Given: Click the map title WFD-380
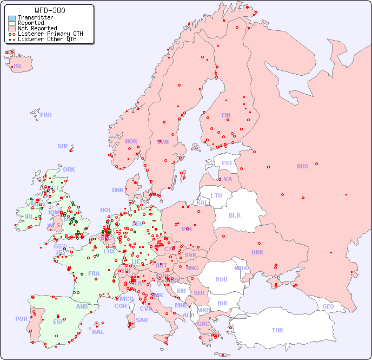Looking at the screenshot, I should pyautogui.click(x=50, y=10).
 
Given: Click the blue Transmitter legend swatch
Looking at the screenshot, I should pyautogui.click(x=12, y=18).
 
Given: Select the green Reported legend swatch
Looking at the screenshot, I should pyautogui.click(x=12, y=23).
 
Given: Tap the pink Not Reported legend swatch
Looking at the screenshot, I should pyautogui.click(x=12, y=29).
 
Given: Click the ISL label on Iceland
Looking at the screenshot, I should pyautogui.click(x=18, y=67).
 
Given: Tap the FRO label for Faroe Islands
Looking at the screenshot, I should pyautogui.click(x=46, y=115).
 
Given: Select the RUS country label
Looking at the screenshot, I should pyautogui.click(x=302, y=166).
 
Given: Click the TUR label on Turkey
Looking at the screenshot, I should pyautogui.click(x=277, y=330).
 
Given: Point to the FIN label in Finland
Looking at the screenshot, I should pyautogui.click(x=226, y=115).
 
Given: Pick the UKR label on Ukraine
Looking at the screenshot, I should pyautogui.click(x=257, y=252).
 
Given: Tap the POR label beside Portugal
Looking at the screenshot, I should pyautogui.click(x=21, y=319).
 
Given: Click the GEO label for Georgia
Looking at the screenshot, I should pyautogui.click(x=328, y=306).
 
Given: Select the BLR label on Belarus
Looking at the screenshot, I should pyautogui.click(x=234, y=215).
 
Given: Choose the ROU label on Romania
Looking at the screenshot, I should pyautogui.click(x=221, y=279).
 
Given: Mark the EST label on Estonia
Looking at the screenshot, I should pyautogui.click(x=227, y=163).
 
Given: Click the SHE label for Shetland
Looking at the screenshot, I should pyautogui.click(x=63, y=146).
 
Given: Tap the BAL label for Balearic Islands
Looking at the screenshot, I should pyautogui.click(x=98, y=332).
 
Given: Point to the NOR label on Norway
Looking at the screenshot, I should pyautogui.click(x=131, y=141).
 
